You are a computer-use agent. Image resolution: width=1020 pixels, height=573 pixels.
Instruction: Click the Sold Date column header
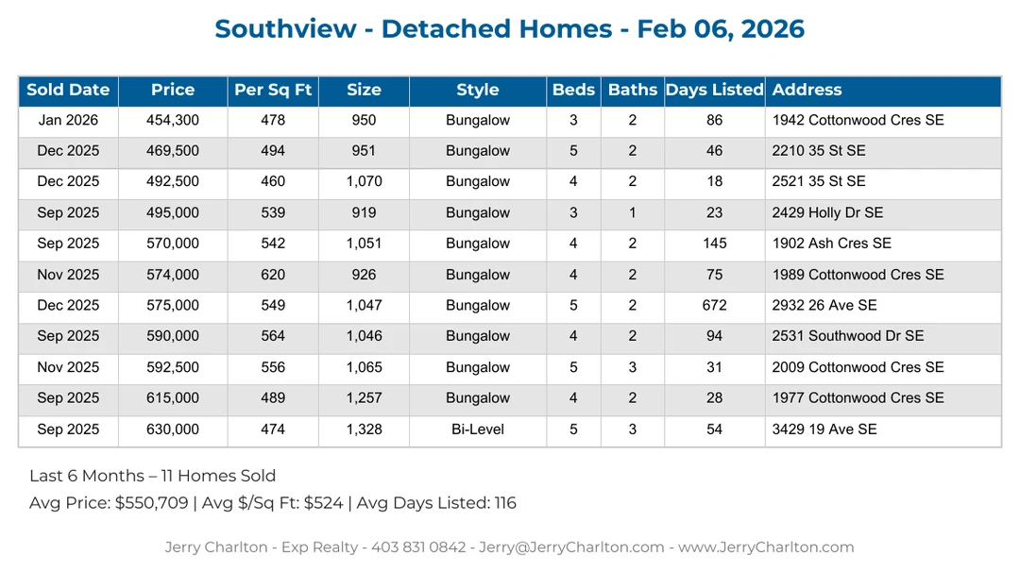(x=68, y=91)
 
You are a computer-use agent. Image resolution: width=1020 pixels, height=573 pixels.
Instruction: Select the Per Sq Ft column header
(x=273, y=91)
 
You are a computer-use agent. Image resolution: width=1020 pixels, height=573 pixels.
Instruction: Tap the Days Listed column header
(x=714, y=91)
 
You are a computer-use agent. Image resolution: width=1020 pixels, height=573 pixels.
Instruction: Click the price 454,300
(x=173, y=121)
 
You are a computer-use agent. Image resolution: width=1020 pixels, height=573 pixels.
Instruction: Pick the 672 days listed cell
(x=714, y=306)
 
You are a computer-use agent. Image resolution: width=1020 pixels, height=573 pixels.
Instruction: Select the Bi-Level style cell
(x=477, y=430)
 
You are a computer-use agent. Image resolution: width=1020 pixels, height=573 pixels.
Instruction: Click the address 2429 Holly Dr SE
(x=827, y=213)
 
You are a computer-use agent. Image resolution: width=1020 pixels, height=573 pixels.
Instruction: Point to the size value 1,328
(x=364, y=430)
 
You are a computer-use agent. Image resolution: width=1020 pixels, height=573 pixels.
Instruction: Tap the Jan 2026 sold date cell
(x=68, y=121)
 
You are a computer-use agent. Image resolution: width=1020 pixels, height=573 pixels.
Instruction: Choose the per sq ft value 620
(x=273, y=276)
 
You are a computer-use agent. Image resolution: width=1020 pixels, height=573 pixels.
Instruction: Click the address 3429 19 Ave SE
(x=824, y=430)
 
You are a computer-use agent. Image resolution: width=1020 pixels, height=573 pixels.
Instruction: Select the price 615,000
(x=173, y=398)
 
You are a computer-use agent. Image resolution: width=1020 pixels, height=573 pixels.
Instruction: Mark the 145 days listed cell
(x=714, y=244)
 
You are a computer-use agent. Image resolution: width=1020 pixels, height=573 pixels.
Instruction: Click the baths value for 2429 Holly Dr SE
(x=632, y=213)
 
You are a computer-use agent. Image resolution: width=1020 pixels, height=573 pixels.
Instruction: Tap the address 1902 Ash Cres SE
(x=831, y=244)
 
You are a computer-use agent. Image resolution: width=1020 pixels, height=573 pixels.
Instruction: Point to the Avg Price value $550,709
(x=151, y=503)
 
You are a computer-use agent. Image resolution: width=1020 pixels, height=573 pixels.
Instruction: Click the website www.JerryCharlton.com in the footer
(x=766, y=548)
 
